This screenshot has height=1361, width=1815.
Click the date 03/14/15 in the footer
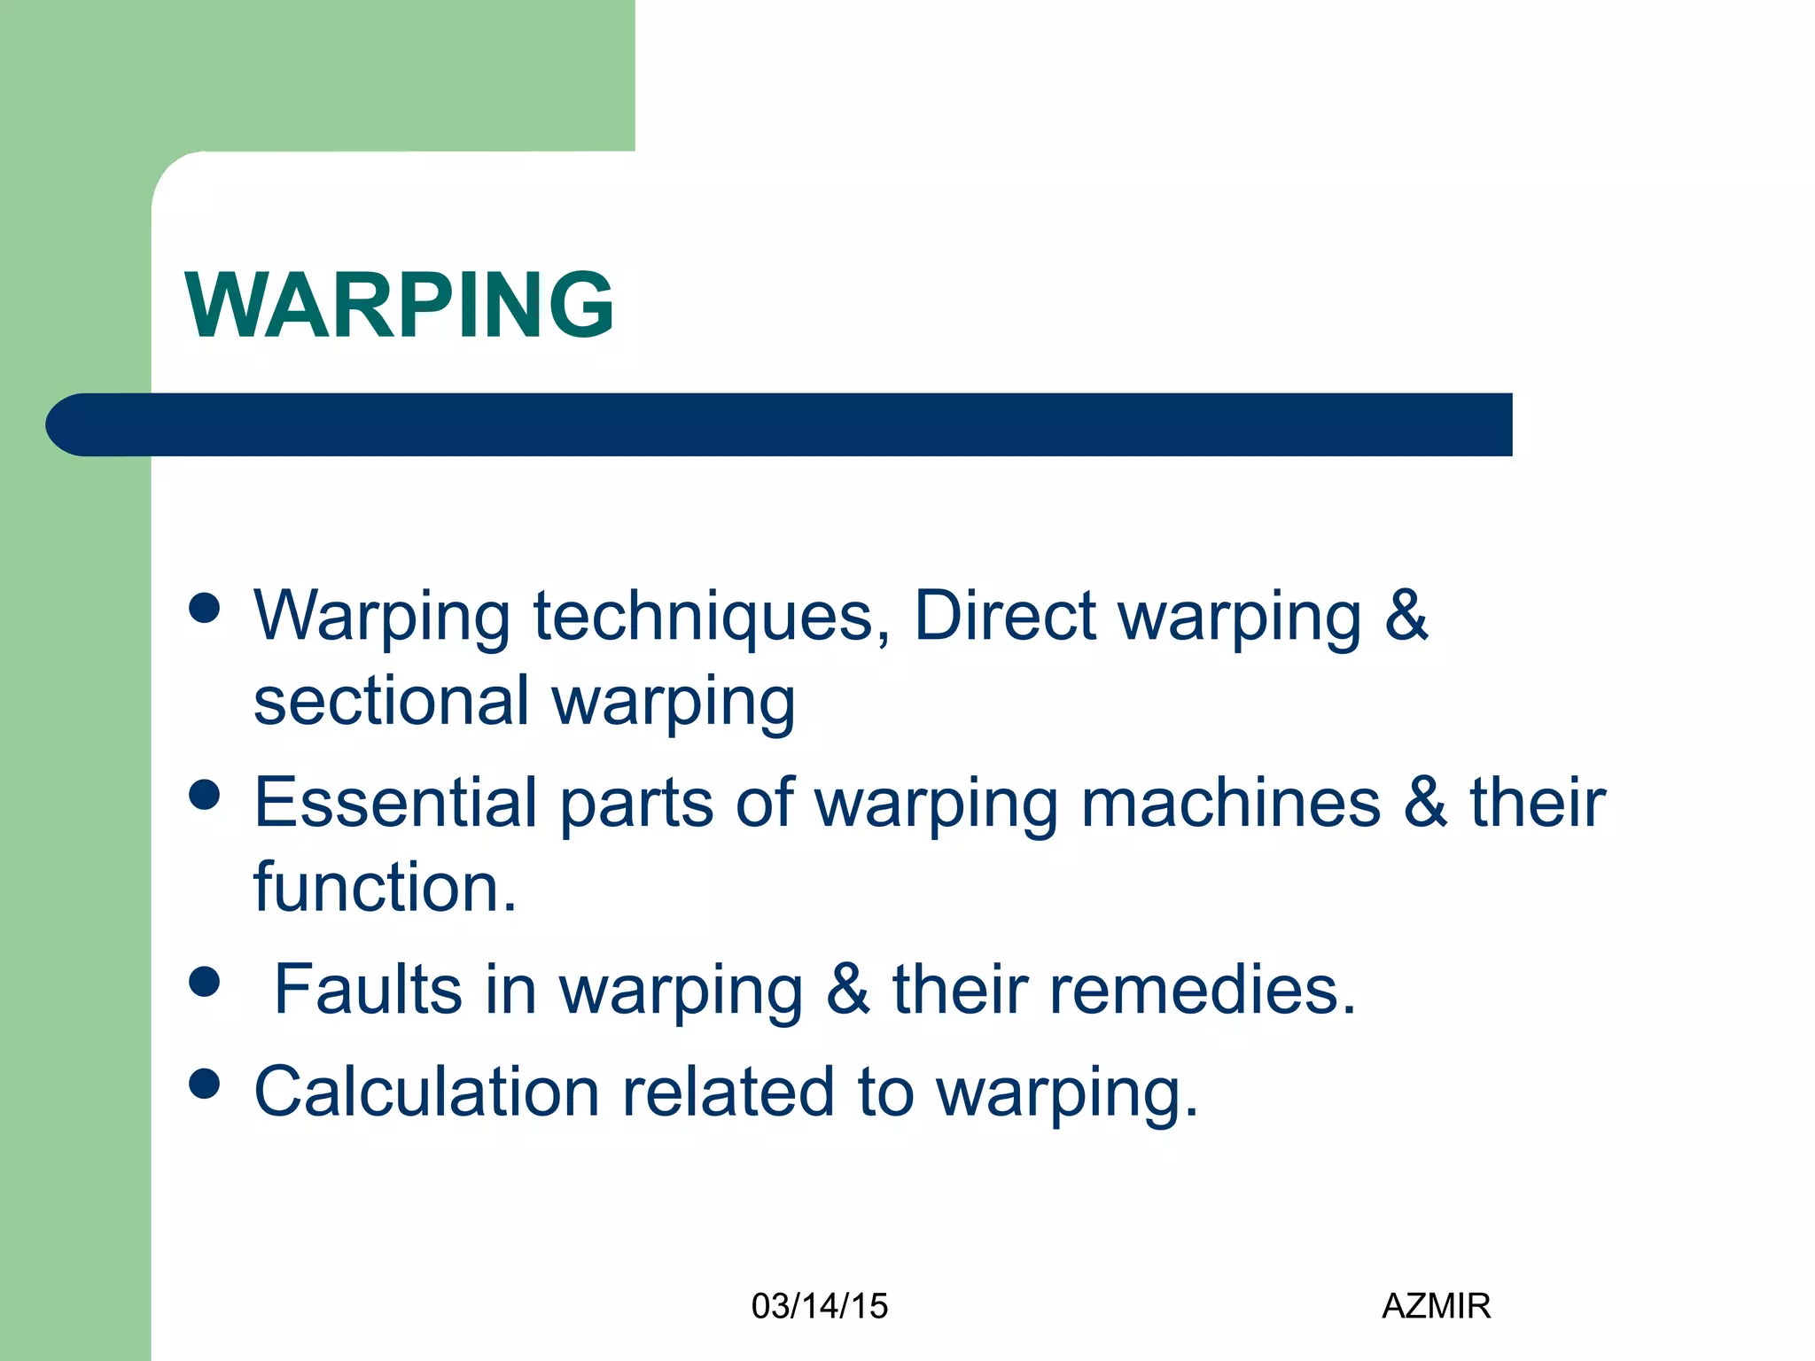click(x=819, y=1306)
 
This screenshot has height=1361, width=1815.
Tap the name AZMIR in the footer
click(x=1436, y=1306)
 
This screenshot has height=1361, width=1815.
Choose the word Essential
click(x=395, y=803)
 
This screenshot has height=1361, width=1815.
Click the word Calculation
click(x=426, y=1092)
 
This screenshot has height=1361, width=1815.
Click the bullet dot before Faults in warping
click(x=205, y=982)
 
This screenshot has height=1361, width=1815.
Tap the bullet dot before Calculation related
click(x=205, y=1084)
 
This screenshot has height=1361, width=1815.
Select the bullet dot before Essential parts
click(x=205, y=795)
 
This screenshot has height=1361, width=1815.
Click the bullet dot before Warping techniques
click(x=205, y=609)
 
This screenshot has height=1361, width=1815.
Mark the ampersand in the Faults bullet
click(x=847, y=989)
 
